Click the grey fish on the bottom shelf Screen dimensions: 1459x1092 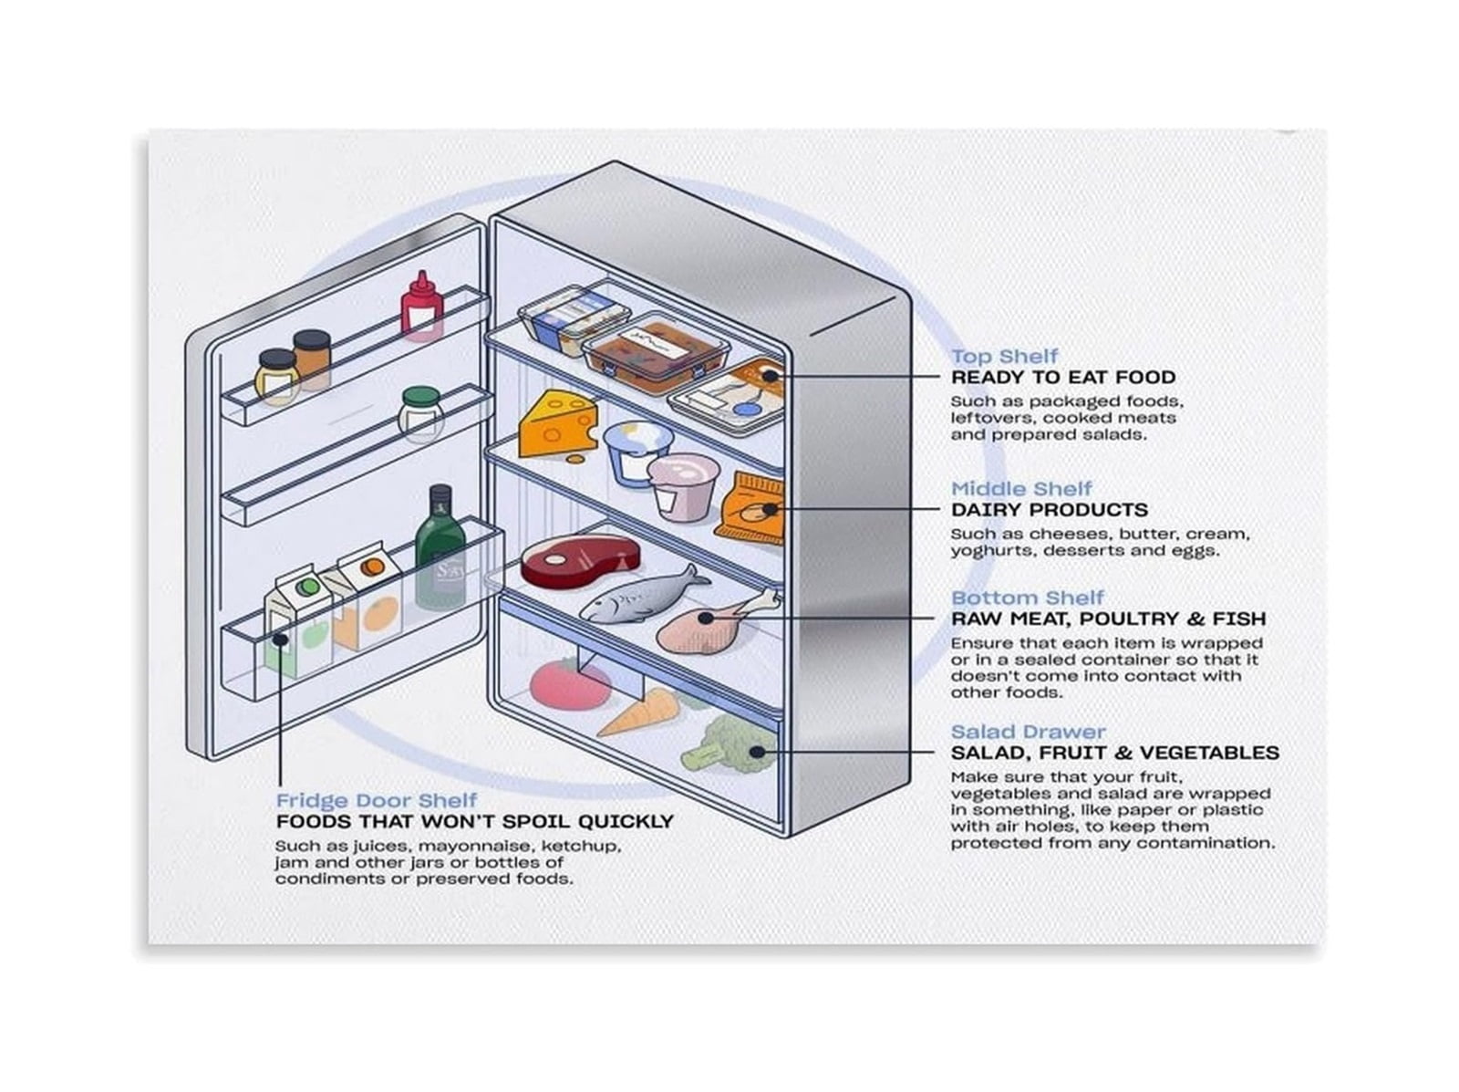point(644,595)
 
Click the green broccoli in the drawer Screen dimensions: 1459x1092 point(729,744)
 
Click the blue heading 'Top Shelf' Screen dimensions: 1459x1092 point(1004,357)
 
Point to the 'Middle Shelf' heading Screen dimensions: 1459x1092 point(1021,489)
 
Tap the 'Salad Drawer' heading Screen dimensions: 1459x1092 point(1029,732)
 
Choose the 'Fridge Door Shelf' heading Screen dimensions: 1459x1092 point(377,800)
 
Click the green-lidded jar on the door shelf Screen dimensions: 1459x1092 point(421,413)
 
